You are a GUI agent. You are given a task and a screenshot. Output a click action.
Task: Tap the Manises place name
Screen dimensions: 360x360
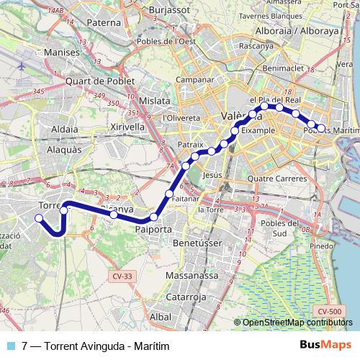point(61,53)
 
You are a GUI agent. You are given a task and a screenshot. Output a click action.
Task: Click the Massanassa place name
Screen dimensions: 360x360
point(186,275)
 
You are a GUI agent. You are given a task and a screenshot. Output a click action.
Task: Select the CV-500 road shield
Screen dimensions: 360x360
point(328,311)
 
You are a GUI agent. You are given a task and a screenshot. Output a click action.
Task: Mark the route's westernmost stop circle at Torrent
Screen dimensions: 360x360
point(40,217)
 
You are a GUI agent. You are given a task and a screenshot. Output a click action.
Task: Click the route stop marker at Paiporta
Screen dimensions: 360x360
point(153,217)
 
